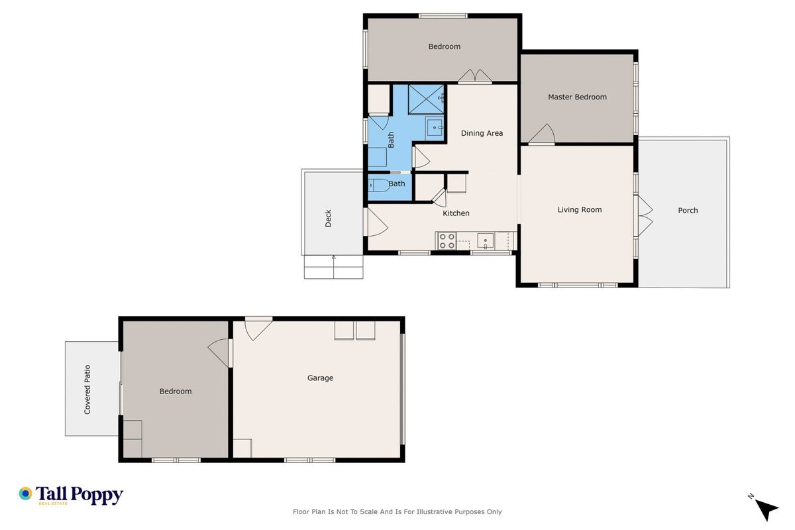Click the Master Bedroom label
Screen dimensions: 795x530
click(577, 97)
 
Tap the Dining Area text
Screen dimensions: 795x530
click(482, 133)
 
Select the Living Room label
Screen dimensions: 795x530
click(580, 210)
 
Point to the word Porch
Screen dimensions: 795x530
click(688, 211)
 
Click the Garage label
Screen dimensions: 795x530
click(320, 378)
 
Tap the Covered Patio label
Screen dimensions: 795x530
click(87, 390)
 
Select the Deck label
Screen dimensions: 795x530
click(329, 218)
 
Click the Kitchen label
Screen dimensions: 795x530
click(456, 213)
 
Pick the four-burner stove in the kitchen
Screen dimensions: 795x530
click(447, 240)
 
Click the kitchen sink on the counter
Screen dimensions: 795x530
click(485, 240)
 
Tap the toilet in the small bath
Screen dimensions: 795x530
click(379, 185)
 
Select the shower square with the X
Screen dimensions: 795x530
click(426, 99)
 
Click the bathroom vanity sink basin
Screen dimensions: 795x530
click(435, 127)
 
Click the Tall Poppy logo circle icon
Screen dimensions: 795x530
click(26, 494)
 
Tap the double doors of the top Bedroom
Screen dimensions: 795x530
click(474, 76)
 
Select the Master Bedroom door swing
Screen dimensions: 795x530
click(542, 134)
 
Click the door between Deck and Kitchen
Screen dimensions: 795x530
click(376, 222)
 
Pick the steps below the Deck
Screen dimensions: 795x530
click(334, 267)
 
